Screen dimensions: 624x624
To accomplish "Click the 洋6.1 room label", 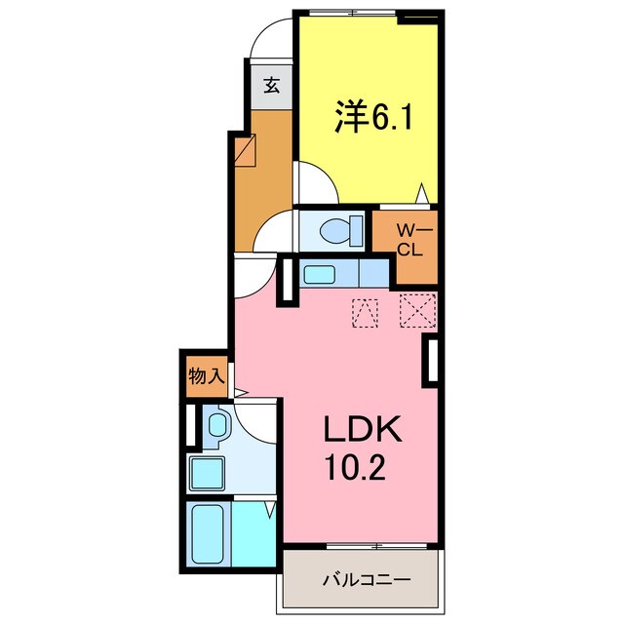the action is click(x=373, y=116).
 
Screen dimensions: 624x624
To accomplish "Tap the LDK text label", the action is click(x=362, y=429).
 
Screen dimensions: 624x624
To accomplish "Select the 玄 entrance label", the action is click(x=272, y=85).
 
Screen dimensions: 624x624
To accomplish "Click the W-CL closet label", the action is click(x=409, y=240).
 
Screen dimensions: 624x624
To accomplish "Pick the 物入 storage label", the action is click(x=207, y=375).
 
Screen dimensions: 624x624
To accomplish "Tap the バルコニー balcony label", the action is click(x=367, y=580).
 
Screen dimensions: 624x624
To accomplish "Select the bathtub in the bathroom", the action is click(x=207, y=534).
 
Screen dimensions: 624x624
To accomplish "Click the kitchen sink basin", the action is click(x=319, y=275).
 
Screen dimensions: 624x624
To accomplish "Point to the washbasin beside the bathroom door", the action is click(x=217, y=426).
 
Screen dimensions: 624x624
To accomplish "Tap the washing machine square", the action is click(x=207, y=474).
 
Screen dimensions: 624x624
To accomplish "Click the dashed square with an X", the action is click(x=417, y=310).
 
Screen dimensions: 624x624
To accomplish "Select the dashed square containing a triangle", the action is click(x=365, y=313).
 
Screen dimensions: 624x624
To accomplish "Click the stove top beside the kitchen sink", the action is click(x=374, y=273).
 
